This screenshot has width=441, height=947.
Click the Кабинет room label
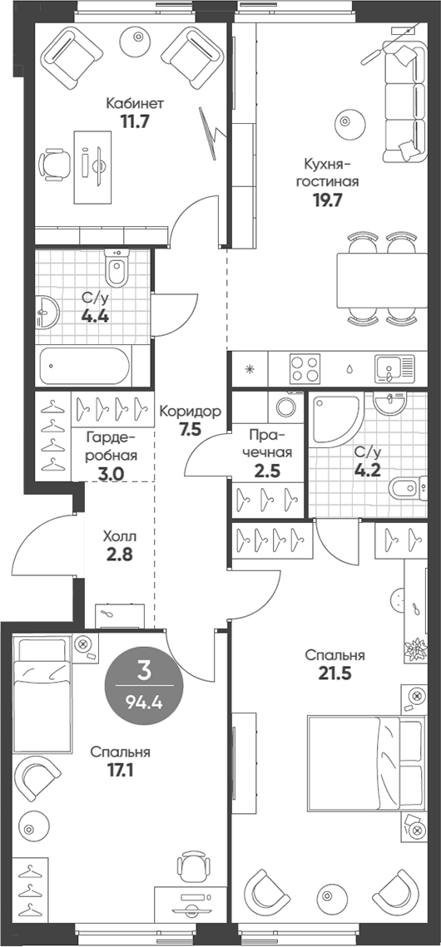(135, 102)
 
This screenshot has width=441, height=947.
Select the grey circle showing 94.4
(144, 685)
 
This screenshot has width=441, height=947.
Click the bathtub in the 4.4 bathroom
(85, 367)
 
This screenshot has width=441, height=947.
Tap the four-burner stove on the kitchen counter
(305, 368)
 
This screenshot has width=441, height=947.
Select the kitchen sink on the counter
(394, 368)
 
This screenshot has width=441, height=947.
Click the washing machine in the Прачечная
(285, 407)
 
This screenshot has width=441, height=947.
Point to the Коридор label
(190, 412)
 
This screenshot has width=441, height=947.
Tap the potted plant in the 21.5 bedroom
(416, 649)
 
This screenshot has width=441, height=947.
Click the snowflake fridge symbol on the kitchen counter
(250, 367)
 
